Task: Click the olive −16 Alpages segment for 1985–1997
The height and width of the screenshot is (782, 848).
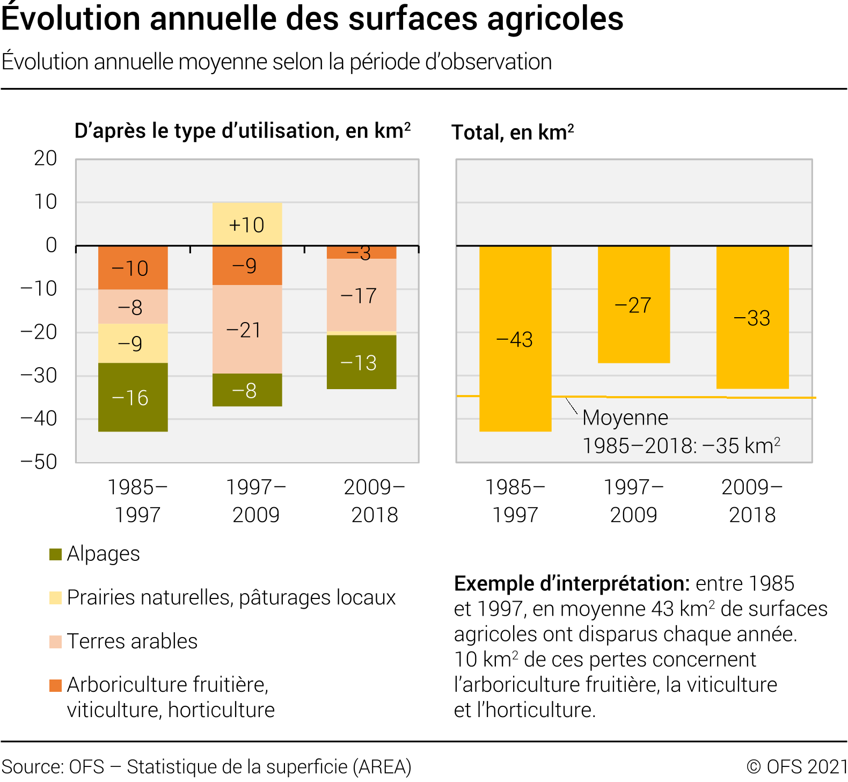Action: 133,397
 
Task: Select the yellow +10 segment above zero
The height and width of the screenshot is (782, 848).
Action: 247,224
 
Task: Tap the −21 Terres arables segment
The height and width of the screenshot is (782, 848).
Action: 247,329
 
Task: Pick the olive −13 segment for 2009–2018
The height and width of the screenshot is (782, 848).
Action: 361,362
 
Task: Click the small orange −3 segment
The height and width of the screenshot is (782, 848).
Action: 361,252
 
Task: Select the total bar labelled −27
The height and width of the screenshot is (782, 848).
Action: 634,304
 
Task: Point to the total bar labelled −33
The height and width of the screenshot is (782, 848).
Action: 752,317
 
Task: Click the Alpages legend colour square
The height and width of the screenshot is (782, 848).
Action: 55,554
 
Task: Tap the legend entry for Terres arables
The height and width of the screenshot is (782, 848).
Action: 132,641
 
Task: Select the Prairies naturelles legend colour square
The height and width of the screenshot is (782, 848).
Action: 55,598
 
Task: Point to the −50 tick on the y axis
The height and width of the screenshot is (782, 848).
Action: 39,462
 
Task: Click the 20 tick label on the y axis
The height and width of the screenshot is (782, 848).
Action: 45,158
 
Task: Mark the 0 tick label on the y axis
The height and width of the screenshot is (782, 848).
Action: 51,245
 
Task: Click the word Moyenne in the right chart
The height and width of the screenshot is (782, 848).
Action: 625,418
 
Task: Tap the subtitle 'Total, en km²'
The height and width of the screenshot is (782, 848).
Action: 513,132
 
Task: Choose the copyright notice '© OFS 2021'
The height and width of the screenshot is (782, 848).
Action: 797,766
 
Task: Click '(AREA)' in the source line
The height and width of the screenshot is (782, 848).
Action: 382,766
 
